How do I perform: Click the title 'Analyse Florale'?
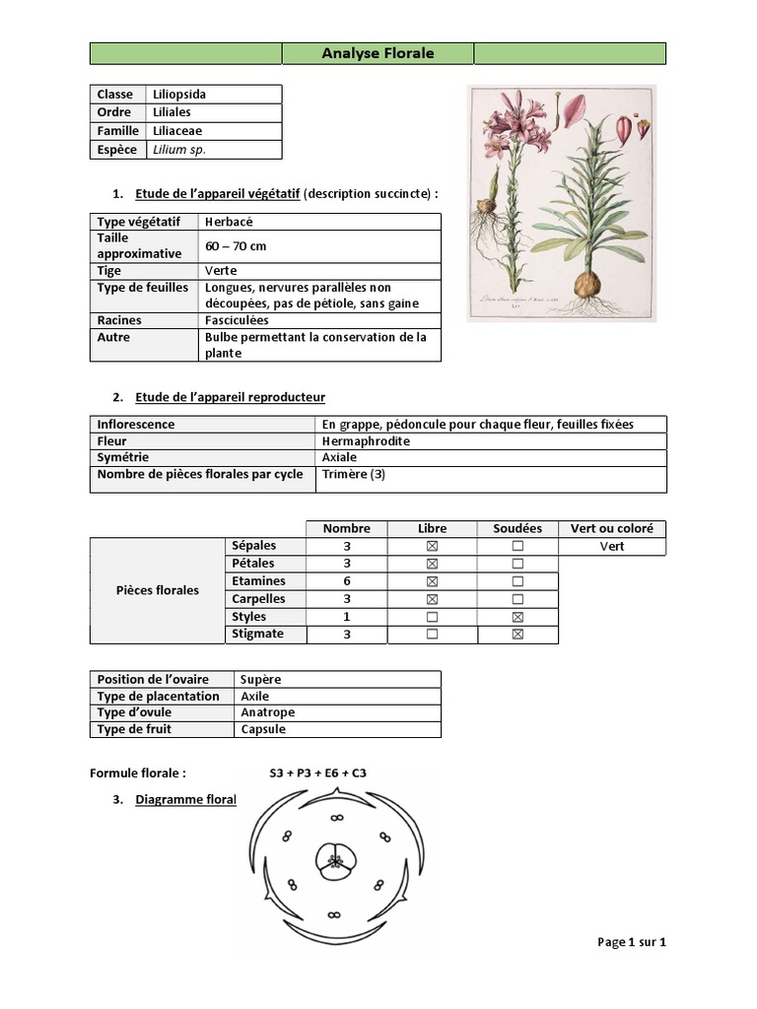(x=378, y=53)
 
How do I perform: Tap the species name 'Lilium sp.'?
(x=178, y=150)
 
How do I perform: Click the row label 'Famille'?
(x=117, y=131)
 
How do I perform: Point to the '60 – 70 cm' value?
(x=238, y=245)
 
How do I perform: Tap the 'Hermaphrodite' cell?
(x=366, y=441)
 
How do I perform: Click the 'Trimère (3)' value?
(x=352, y=475)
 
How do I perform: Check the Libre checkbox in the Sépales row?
(x=432, y=546)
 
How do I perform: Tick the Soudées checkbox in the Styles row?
(x=517, y=617)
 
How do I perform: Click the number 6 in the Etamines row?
(x=347, y=581)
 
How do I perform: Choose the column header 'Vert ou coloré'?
(x=611, y=529)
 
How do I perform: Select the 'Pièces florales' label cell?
(x=158, y=590)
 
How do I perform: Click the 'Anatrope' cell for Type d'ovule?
(x=268, y=712)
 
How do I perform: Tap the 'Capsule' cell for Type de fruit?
(x=263, y=729)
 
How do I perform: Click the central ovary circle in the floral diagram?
(x=335, y=861)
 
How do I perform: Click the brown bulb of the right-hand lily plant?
(x=586, y=284)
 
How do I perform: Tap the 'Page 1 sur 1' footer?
(x=632, y=942)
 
